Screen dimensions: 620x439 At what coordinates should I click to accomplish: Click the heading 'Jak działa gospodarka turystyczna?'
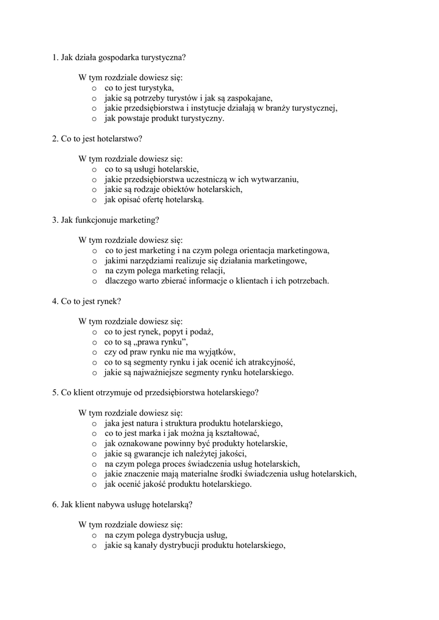pyautogui.click(x=119, y=58)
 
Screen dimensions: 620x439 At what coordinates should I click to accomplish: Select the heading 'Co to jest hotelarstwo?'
pyautogui.click(x=97, y=139)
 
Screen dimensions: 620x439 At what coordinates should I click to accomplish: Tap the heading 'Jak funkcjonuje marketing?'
pyautogui.click(x=106, y=220)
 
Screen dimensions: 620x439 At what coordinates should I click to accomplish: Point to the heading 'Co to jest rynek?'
pyautogui.click(x=87, y=301)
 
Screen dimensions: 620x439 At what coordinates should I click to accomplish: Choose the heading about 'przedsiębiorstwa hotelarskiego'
pyautogui.click(x=156, y=392)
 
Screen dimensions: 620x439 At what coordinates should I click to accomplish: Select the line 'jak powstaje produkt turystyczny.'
pyautogui.click(x=164, y=118)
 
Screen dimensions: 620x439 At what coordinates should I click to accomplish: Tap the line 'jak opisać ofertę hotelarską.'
pyautogui.click(x=154, y=199)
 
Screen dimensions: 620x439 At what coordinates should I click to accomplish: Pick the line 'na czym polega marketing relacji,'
pyautogui.click(x=160, y=271)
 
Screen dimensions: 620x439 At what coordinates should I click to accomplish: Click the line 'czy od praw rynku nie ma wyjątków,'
pyautogui.click(x=170, y=352)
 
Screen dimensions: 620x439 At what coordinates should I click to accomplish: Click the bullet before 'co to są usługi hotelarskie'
pyautogui.click(x=94, y=170)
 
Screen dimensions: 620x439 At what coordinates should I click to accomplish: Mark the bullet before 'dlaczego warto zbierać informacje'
pyautogui.click(x=94, y=281)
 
